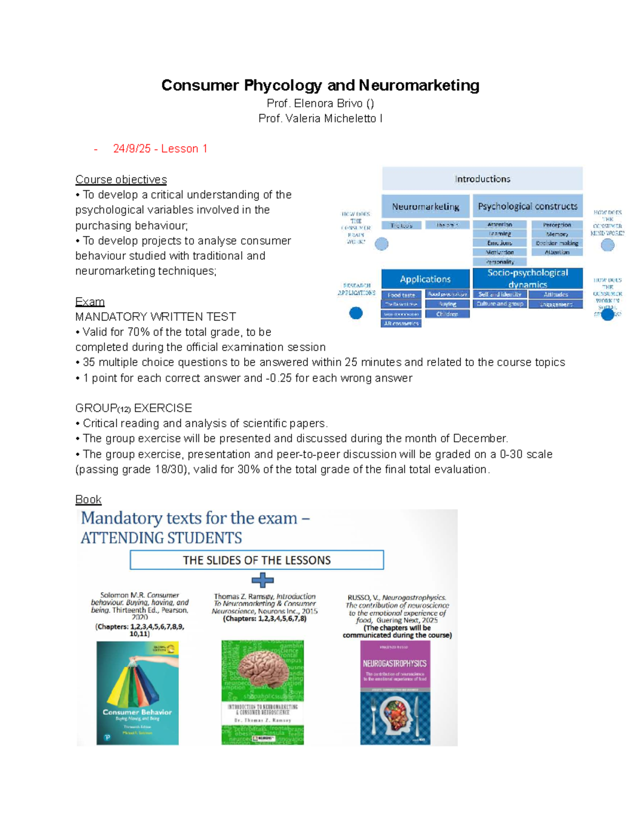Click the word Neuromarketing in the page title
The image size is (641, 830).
(x=419, y=86)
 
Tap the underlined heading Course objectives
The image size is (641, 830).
(x=121, y=180)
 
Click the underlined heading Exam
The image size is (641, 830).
(x=90, y=301)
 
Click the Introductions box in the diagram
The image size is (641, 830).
(x=482, y=179)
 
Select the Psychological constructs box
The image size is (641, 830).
(x=527, y=206)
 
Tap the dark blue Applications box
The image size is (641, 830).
(x=425, y=279)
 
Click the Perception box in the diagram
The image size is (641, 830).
(x=557, y=225)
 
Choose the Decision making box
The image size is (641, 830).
(x=557, y=243)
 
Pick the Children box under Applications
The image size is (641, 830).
(x=447, y=314)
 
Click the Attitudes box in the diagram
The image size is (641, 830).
(x=556, y=294)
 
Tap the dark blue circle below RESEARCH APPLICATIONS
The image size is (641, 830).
(x=356, y=313)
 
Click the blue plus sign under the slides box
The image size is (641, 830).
(x=262, y=580)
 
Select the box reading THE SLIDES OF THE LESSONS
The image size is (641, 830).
(x=256, y=560)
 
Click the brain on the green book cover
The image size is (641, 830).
(x=263, y=669)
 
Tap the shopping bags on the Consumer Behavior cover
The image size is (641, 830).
(x=136, y=681)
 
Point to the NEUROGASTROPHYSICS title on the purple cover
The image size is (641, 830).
(x=395, y=663)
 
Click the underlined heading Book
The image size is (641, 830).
(x=88, y=499)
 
